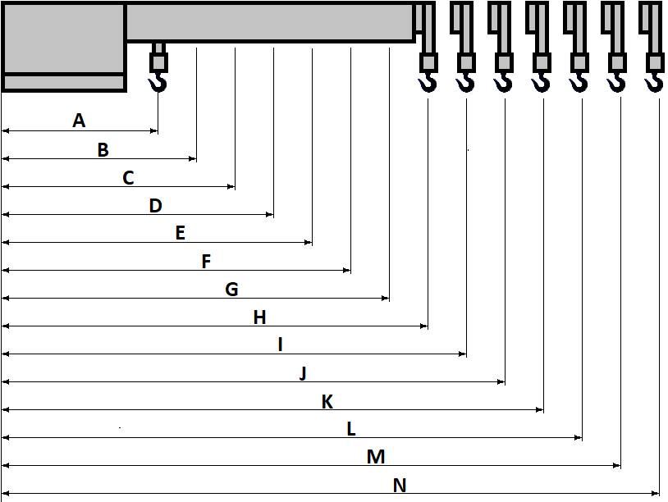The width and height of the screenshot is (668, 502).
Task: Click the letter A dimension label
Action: (x=79, y=121)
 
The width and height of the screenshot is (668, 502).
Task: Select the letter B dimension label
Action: (x=103, y=150)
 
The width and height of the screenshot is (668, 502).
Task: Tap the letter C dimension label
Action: (x=128, y=178)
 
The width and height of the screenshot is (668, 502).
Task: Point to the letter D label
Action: (x=155, y=206)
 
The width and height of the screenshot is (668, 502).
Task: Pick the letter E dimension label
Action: (x=181, y=233)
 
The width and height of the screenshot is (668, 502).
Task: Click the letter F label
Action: (x=206, y=262)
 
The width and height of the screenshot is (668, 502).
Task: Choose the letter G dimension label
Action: (x=231, y=290)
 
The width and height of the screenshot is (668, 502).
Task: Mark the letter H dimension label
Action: (x=259, y=317)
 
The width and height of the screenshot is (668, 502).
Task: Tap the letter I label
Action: (x=280, y=345)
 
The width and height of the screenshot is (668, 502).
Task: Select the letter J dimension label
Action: (x=303, y=373)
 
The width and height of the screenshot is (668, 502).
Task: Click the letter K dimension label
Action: (x=327, y=402)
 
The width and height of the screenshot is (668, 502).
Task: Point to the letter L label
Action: (x=351, y=429)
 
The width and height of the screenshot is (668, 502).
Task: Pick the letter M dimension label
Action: (x=376, y=457)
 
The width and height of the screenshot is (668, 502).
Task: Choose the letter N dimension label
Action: (x=400, y=486)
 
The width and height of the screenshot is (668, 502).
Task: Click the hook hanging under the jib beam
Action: (x=158, y=81)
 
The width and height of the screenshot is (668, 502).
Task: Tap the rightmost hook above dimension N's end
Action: (x=654, y=81)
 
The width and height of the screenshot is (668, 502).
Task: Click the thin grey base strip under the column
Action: (x=63, y=82)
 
